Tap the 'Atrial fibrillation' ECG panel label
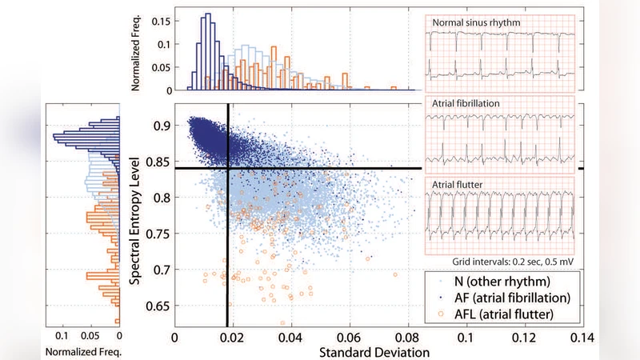[468, 104]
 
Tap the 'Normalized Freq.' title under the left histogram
[82, 351]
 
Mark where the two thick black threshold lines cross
[229, 168]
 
